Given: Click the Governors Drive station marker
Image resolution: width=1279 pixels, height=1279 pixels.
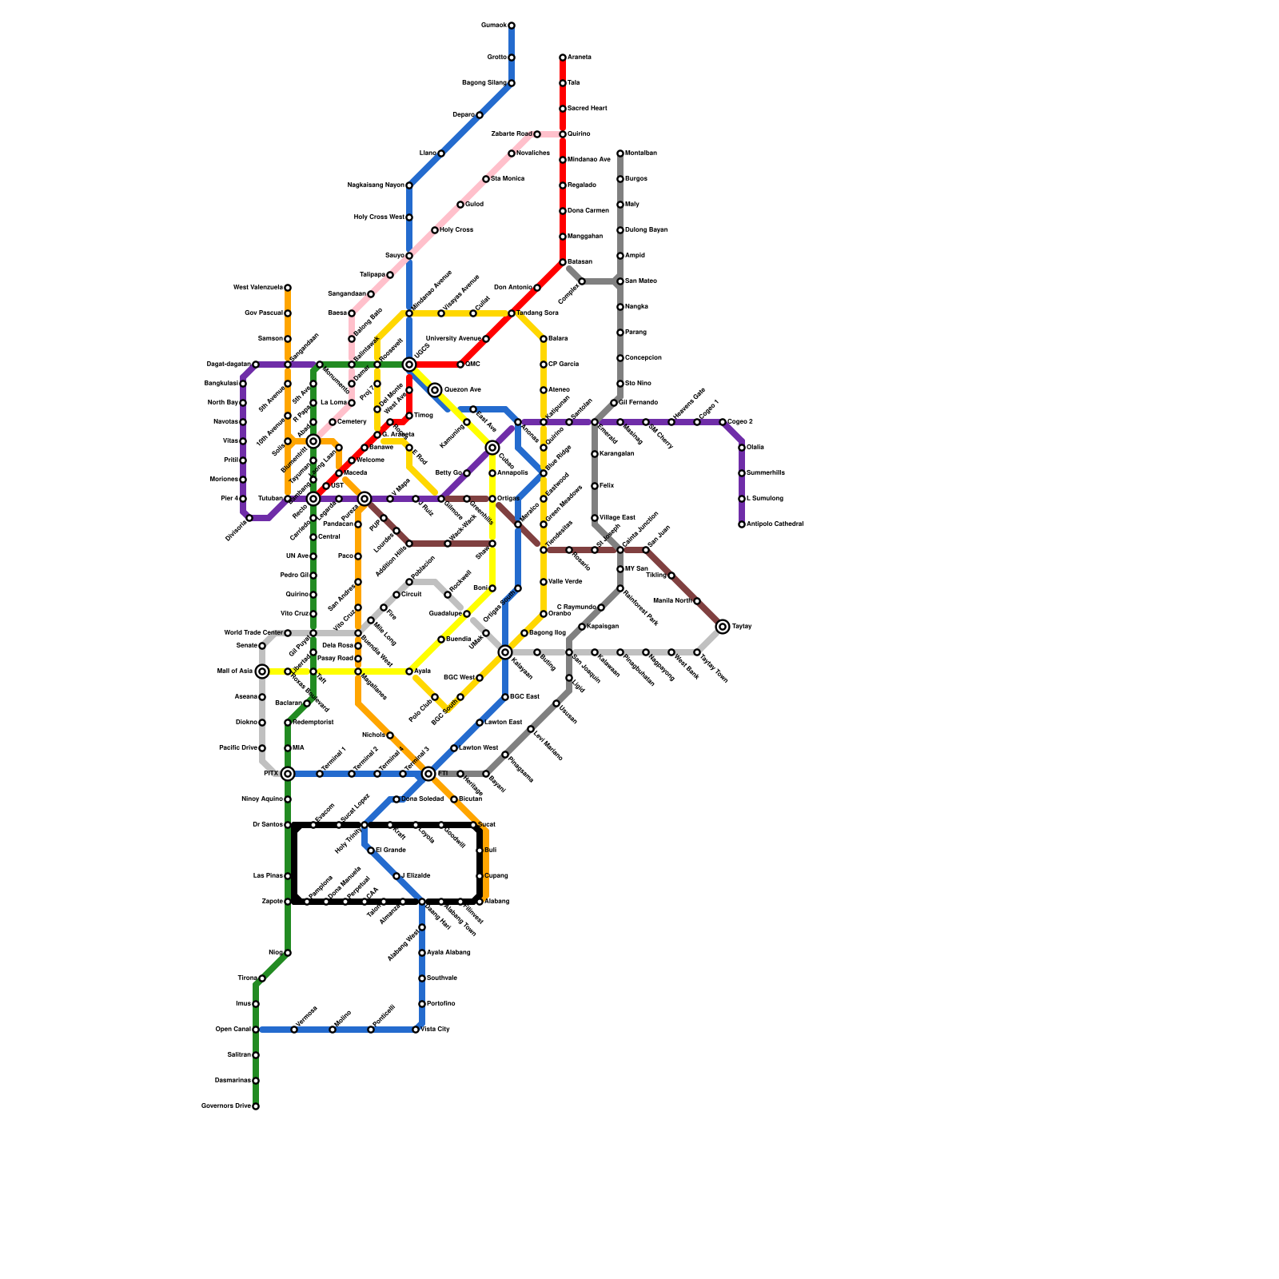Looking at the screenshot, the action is (256, 1106).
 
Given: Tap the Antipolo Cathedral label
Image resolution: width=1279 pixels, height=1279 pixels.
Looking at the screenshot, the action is (775, 524).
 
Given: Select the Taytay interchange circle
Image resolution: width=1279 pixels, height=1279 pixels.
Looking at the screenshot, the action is (723, 627).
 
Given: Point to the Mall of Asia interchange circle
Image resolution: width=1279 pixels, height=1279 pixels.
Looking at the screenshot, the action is (262, 671).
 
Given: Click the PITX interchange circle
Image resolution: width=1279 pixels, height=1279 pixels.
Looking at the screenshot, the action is (288, 774).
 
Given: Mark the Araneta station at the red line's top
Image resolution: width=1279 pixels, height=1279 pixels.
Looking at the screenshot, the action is (563, 58).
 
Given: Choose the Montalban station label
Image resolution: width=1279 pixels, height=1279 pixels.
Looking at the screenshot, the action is (641, 153).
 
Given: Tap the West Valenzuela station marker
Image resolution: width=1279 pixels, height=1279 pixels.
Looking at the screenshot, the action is (288, 288).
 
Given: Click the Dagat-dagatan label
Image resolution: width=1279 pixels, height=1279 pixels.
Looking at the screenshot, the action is (228, 365).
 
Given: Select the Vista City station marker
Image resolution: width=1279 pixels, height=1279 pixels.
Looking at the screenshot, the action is (416, 1030).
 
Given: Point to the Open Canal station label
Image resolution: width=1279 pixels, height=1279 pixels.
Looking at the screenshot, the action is (233, 1030).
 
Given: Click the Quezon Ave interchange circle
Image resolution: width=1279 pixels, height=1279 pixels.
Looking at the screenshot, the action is (435, 390).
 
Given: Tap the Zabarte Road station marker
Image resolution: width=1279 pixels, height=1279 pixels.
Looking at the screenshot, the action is (537, 134).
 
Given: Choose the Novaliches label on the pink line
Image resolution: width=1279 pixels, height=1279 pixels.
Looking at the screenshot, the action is (533, 153).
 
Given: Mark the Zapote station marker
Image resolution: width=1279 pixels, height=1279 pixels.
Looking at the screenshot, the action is (288, 902).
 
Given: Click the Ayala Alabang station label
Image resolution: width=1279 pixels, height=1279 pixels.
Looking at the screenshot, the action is (448, 953).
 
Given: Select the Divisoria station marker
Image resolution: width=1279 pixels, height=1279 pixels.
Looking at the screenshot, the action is (249, 518).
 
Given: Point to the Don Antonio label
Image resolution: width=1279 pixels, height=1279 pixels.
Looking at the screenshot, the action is (512, 288).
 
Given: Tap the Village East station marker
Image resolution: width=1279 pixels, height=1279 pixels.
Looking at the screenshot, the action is (595, 518).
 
